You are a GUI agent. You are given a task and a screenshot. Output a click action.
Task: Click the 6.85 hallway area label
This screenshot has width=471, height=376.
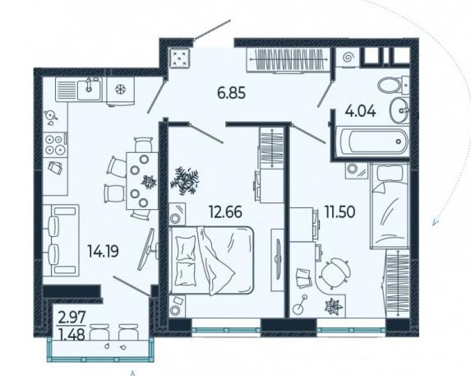(x=231, y=93)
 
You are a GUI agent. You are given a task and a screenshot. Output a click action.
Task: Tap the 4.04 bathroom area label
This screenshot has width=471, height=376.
(x=360, y=111)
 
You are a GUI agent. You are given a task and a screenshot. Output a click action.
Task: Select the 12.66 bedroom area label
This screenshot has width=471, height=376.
(x=225, y=212)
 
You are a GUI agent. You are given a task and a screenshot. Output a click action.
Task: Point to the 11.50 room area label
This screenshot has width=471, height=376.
(x=339, y=211)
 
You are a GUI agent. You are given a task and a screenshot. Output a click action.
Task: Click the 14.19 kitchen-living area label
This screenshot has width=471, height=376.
(x=103, y=251)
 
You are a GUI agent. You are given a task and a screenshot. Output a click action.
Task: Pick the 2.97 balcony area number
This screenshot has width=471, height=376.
(x=72, y=318)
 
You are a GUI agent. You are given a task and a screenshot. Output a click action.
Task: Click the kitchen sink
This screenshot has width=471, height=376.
(x=79, y=89)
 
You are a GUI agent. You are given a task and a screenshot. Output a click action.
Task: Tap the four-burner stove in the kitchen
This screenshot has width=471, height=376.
(x=56, y=144)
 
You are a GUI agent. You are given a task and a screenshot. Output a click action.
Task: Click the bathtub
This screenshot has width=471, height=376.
(x=372, y=142)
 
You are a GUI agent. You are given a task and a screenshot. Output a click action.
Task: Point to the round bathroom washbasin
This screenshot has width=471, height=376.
(x=399, y=110)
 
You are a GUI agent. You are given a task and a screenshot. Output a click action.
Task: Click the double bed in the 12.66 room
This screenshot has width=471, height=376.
(x=211, y=260)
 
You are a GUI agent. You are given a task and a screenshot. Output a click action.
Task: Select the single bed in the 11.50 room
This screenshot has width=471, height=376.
(x=390, y=206)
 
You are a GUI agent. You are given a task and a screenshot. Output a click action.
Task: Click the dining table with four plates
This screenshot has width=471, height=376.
(x=141, y=181)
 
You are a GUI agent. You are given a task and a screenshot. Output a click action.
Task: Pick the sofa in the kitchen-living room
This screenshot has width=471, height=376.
(x=61, y=240)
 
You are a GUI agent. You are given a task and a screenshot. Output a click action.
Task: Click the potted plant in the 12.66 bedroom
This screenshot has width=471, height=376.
(x=184, y=180)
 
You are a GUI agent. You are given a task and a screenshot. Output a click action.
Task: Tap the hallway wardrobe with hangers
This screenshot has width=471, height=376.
(x=287, y=60)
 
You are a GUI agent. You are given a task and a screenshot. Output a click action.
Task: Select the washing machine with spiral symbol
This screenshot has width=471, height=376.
(x=349, y=57)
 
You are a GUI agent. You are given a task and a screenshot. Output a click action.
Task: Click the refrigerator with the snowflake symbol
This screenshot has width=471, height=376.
(x=121, y=91)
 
